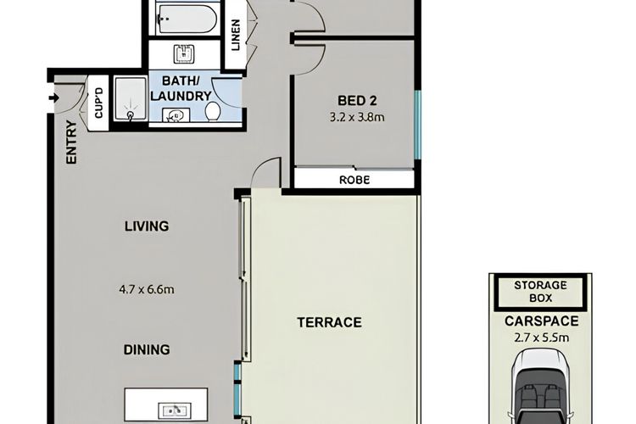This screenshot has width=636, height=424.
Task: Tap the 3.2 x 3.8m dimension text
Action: pos(357,118)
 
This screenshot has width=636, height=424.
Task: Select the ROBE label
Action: pos(354,180)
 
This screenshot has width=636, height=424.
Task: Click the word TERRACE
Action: pos(329,322)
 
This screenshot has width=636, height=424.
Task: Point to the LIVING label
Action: pos(147,226)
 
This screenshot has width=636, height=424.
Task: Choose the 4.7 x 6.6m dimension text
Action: pos(147,290)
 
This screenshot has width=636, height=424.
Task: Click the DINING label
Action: pos(147,349)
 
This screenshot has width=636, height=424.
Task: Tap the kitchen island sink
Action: pos(175,410)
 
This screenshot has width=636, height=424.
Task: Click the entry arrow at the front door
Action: pos(54,98)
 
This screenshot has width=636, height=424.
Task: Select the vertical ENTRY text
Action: pos(71,142)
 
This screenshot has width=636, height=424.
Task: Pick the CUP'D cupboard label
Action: pos(98,103)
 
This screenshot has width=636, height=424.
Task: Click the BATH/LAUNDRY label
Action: pos(181,88)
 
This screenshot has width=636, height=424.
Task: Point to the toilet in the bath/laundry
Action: pos(213,111)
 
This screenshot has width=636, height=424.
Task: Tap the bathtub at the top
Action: pos(185,18)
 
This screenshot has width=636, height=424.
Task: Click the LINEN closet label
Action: pos(236,35)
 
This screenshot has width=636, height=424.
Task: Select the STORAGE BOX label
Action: pos(541,292)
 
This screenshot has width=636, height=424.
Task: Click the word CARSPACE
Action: pos(542,321)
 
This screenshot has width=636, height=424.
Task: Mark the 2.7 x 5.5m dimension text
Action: pos(542,338)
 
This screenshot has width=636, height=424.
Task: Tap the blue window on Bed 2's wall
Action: pos(418,125)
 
